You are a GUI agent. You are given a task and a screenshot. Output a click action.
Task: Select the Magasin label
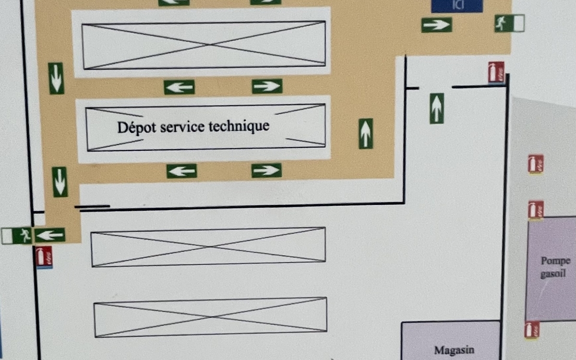click(x=454, y=350)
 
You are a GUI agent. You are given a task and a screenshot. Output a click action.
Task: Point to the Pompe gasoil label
click(x=555, y=267)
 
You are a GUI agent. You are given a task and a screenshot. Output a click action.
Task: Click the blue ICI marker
click(x=456, y=5)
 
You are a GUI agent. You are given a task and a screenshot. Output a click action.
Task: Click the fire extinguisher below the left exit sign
click(x=44, y=256)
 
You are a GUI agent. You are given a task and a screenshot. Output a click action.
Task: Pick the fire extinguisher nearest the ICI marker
click(x=496, y=72)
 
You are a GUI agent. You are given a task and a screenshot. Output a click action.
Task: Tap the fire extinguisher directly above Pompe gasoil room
click(x=535, y=210)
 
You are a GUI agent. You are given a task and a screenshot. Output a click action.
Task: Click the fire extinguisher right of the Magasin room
click(x=531, y=329)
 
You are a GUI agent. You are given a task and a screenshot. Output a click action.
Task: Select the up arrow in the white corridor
click(x=436, y=108)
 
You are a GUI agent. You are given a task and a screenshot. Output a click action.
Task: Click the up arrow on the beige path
click(x=366, y=133)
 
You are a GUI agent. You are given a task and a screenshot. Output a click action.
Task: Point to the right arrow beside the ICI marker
click(x=436, y=25)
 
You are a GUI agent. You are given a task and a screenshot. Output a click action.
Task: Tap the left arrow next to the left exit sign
click(x=49, y=235)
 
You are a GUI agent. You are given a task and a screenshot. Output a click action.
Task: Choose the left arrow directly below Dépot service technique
click(x=181, y=171)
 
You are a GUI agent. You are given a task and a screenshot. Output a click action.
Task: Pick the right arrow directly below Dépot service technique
click(x=266, y=170)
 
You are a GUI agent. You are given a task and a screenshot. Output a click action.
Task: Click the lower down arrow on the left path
click(x=60, y=181)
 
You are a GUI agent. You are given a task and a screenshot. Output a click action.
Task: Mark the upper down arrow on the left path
click(x=56, y=78)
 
